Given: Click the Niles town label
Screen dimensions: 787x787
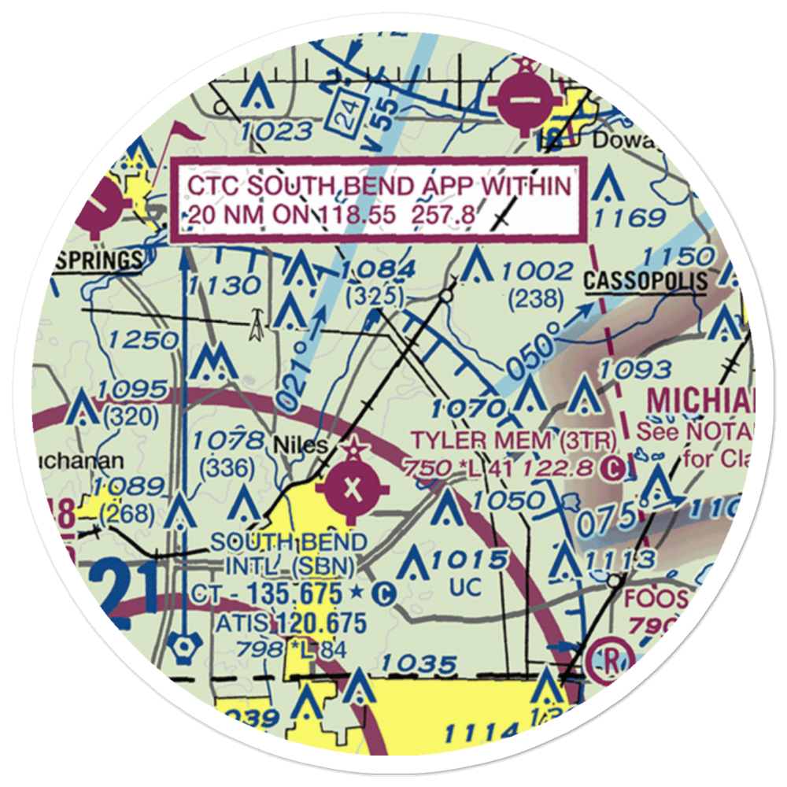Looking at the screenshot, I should coord(300,445).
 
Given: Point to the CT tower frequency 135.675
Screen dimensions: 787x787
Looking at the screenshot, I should coord(296,593).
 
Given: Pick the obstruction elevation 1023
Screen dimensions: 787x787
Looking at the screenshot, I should coord(278,131).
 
